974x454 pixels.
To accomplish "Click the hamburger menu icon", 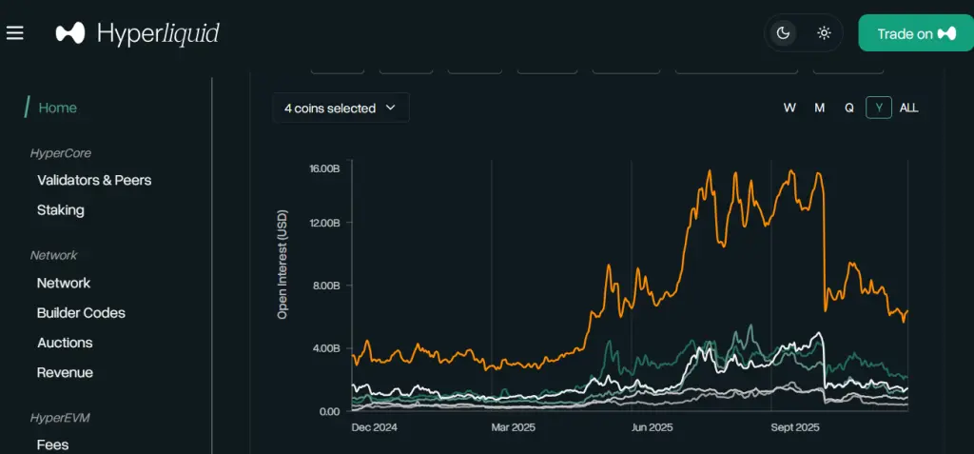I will [x=14, y=33].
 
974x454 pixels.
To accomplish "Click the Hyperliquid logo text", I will [x=158, y=33].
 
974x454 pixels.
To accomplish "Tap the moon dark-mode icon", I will [x=784, y=33].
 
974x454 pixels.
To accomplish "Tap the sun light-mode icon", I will [x=824, y=33].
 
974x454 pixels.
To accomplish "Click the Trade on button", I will [x=915, y=33].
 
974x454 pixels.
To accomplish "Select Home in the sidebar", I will [x=57, y=108].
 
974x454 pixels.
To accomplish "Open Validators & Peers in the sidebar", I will [x=94, y=180].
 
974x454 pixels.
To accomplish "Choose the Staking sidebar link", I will [x=61, y=209].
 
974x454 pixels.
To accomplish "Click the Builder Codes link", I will [x=81, y=312].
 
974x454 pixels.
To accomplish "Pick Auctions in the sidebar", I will [x=65, y=343].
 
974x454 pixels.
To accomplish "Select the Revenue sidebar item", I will [x=65, y=372].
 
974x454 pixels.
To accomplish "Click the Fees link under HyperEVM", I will [x=52, y=444].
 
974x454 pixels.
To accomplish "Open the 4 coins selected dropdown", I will [x=341, y=109].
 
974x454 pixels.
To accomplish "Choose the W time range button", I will [x=789, y=108].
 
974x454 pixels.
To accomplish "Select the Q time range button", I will [x=849, y=108].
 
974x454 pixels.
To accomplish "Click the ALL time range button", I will [x=909, y=108].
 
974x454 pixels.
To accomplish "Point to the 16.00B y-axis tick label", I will [x=323, y=168].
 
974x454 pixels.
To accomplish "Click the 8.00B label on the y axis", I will [x=325, y=286].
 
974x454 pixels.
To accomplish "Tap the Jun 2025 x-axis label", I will [x=653, y=427].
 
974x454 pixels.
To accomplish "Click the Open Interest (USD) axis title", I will [x=282, y=264].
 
